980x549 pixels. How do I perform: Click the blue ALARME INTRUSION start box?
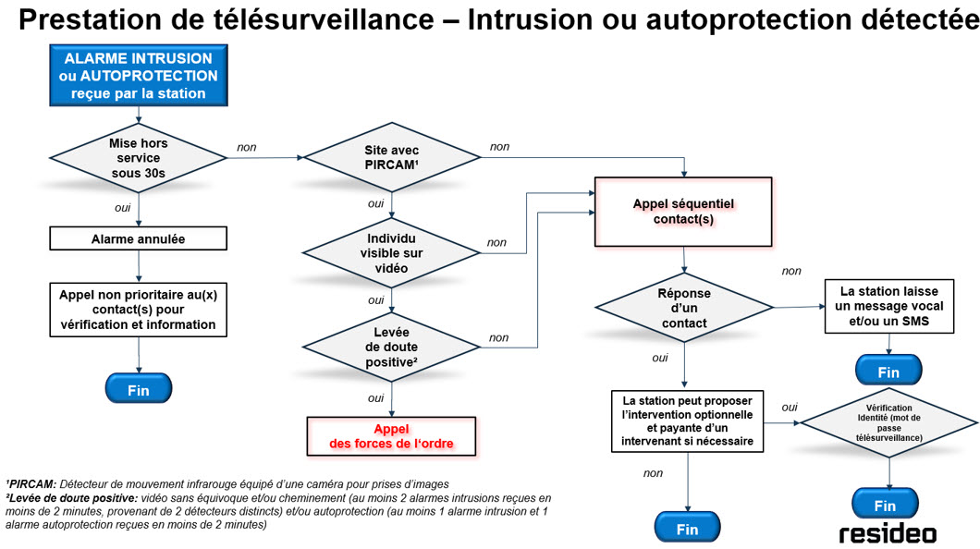[139, 75]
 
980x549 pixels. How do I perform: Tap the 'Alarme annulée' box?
[138, 238]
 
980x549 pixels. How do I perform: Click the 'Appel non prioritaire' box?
[138, 310]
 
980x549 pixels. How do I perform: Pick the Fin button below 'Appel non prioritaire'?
[138, 389]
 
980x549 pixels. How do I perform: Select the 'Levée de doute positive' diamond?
[393, 346]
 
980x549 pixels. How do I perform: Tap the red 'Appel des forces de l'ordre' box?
[391, 436]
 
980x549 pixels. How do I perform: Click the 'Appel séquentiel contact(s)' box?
[683, 211]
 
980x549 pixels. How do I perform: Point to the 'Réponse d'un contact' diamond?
[684, 307]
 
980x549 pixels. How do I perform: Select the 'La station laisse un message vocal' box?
[888, 307]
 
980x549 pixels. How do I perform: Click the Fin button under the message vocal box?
[888, 372]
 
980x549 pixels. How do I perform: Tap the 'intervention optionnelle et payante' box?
[687, 421]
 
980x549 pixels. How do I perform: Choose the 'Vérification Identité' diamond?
[888, 422]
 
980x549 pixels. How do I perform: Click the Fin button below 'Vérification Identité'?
[885, 505]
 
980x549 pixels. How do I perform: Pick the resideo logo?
[887, 533]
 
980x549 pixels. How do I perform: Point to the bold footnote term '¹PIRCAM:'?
[31, 483]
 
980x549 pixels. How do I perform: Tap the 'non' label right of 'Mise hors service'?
[247, 147]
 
